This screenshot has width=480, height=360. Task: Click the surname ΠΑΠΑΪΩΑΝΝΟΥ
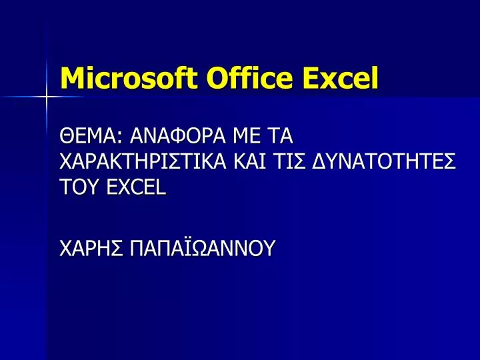pyautogui.click(x=202, y=247)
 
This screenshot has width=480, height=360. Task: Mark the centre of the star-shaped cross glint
pyautogui.click(x=46, y=97)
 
